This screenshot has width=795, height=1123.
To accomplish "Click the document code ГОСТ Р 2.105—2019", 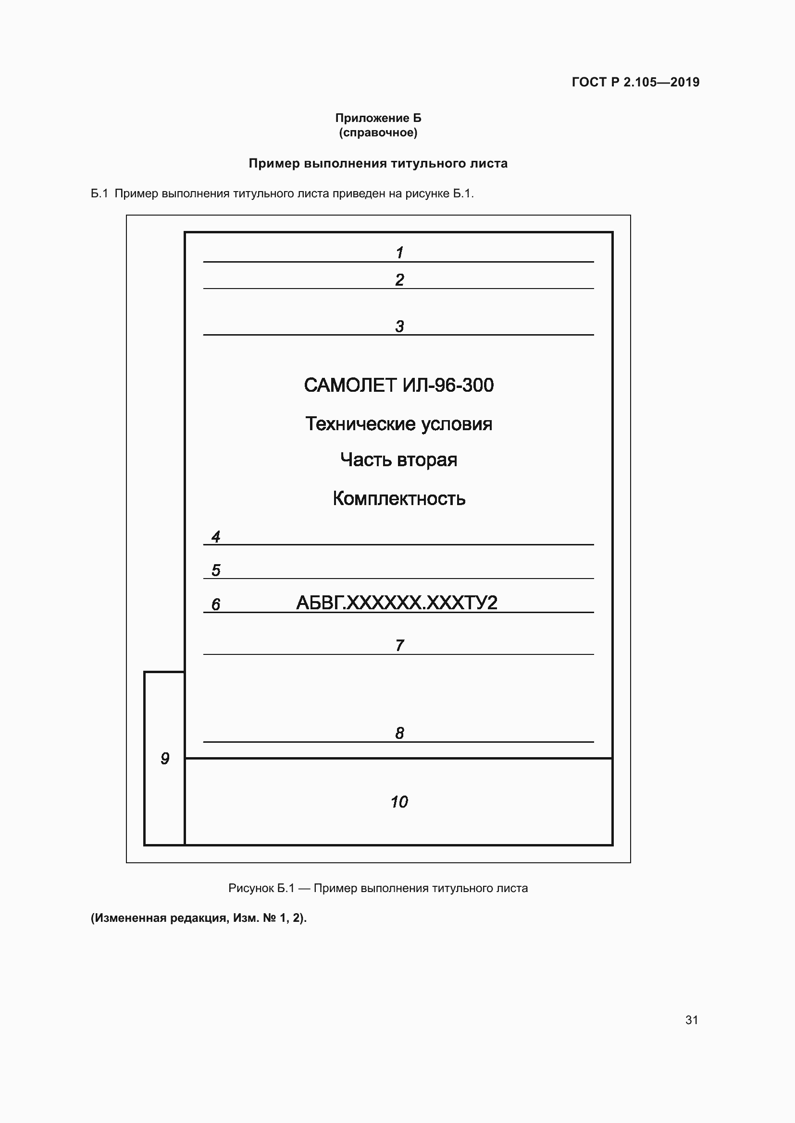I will pyautogui.click(x=635, y=82).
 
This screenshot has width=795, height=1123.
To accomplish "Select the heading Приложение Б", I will pyautogui.click(x=378, y=118).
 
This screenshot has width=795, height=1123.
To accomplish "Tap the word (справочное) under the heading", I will pyautogui.click(x=378, y=133).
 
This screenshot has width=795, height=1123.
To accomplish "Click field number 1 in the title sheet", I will pyautogui.click(x=399, y=253).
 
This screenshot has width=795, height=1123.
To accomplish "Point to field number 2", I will pyautogui.click(x=399, y=280).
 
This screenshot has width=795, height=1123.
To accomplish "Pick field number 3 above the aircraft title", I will pyautogui.click(x=399, y=326).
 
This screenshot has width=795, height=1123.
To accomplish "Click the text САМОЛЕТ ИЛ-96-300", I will pyautogui.click(x=398, y=386).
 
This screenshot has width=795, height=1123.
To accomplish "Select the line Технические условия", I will pyautogui.click(x=398, y=424).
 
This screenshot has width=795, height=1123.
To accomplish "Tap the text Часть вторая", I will pyautogui.click(x=398, y=460).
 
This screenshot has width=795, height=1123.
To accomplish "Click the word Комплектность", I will pyautogui.click(x=398, y=498).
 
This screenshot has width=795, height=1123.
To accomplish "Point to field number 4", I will pyautogui.click(x=216, y=537).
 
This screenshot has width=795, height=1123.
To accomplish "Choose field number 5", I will pyautogui.click(x=216, y=570).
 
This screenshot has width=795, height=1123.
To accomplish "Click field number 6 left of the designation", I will pyautogui.click(x=216, y=604).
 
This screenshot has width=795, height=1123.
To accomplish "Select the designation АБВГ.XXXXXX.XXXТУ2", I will pyautogui.click(x=397, y=603).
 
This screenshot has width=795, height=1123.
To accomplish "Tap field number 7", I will pyautogui.click(x=399, y=645).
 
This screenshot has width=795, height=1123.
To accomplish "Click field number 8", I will pyautogui.click(x=399, y=733).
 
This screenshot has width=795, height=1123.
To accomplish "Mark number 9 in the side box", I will pyautogui.click(x=165, y=759).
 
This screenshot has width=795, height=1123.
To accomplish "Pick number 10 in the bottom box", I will pyautogui.click(x=399, y=802).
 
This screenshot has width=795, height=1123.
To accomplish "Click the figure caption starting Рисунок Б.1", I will pyautogui.click(x=378, y=888).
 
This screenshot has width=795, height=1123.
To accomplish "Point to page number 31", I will pyautogui.click(x=691, y=1020).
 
